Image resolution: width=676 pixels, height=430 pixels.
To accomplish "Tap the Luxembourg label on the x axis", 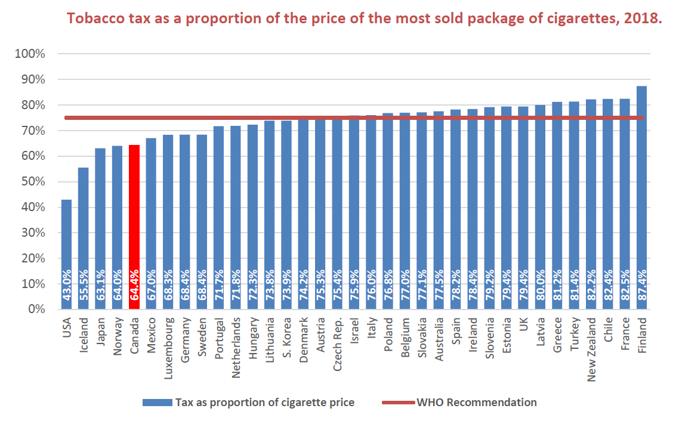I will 168,342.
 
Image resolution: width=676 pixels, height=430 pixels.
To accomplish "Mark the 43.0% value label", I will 67,288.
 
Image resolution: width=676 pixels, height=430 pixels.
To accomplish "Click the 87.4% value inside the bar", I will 642,288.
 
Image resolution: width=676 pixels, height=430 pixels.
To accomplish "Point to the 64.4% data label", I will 134,288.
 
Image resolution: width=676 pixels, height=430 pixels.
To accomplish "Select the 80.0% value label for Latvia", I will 541,288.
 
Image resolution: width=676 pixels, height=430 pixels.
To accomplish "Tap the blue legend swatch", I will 156,403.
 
